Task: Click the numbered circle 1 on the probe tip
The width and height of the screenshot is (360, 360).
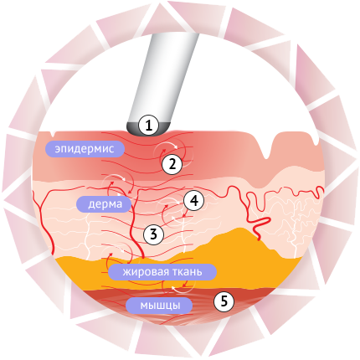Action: tap(149, 126)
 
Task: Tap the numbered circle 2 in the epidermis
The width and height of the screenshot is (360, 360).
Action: tap(172, 164)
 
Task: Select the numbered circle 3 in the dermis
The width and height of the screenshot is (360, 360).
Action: tap(153, 234)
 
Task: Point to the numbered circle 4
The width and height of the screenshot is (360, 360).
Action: tap(194, 200)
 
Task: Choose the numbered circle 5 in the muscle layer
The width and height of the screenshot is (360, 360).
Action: tap(224, 301)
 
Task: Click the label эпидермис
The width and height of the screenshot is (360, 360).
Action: tap(85, 149)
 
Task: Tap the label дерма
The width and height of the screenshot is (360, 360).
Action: tap(104, 204)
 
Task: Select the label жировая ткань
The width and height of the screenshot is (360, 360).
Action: tap(162, 272)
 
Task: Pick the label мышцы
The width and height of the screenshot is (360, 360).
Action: tap(159, 306)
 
